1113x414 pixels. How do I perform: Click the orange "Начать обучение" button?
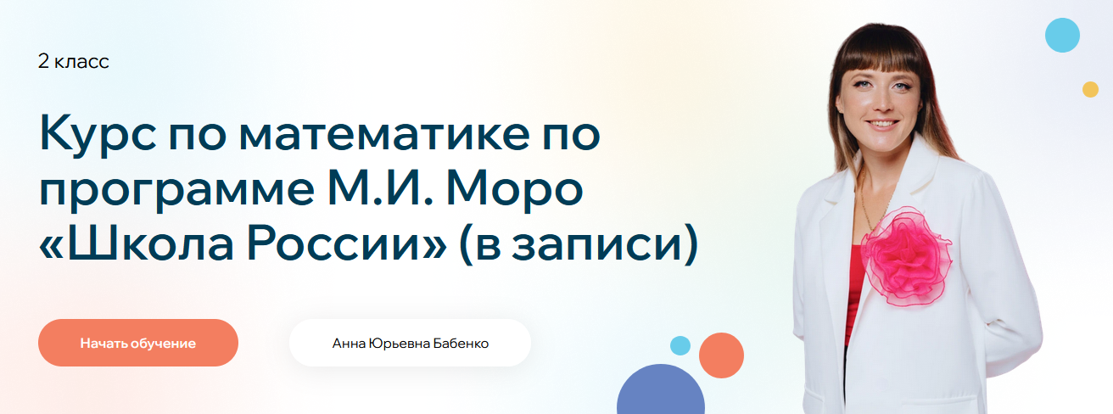[x=138, y=343]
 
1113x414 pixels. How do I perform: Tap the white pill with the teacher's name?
[x=410, y=343]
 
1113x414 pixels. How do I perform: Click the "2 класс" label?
[x=74, y=61]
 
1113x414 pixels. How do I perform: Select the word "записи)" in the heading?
[x=605, y=243]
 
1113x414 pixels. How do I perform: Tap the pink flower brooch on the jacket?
[x=908, y=255]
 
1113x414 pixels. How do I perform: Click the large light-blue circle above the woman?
[x=1062, y=36]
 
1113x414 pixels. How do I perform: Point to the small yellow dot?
[x=1090, y=89]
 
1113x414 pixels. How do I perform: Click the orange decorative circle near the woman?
[x=721, y=355]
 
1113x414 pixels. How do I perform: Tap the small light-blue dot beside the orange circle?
[x=680, y=345]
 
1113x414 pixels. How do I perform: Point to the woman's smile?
[x=882, y=124]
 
